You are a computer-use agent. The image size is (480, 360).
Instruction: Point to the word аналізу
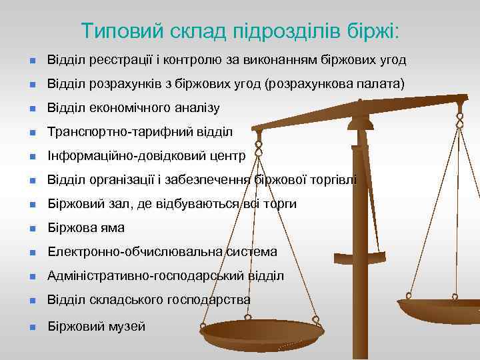coord(196,108)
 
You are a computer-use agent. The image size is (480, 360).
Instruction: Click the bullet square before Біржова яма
coord(31,229)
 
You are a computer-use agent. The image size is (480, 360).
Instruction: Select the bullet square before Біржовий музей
coord(31,327)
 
